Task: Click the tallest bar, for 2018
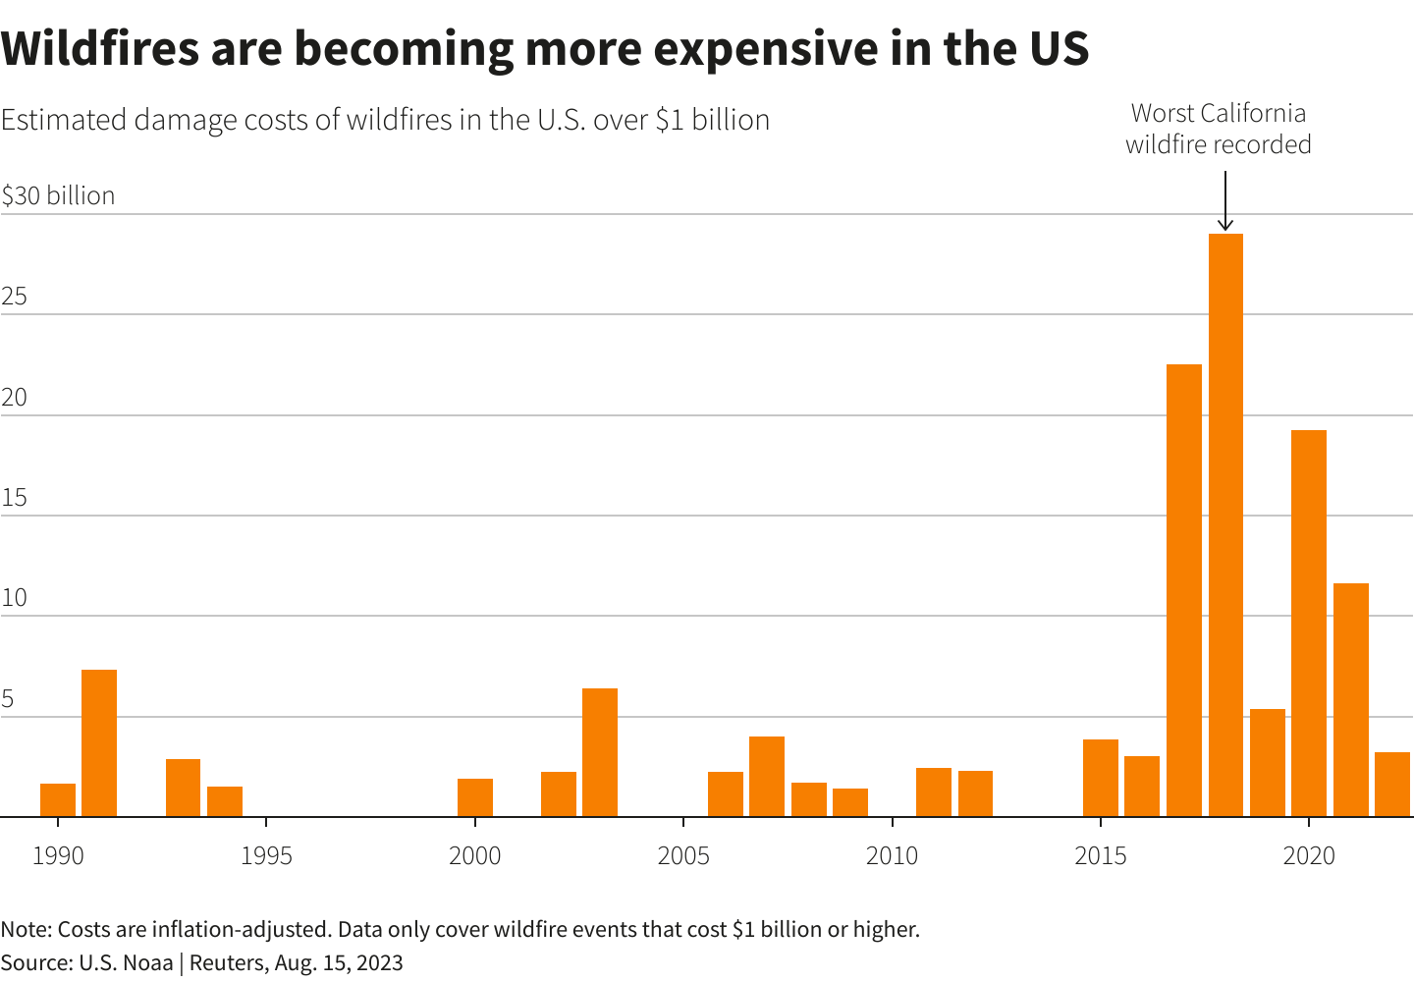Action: (1225, 525)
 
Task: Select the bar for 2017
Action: (1184, 590)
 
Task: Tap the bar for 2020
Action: (1309, 624)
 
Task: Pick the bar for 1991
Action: (99, 743)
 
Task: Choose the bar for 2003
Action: (600, 752)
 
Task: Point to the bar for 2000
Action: (475, 797)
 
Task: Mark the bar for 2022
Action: (1392, 785)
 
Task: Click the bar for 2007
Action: (767, 777)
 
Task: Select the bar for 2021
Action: (1351, 700)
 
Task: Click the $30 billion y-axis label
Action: (59, 195)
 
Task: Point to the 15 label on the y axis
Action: (14, 498)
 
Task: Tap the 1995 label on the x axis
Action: (266, 855)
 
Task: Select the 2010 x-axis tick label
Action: (892, 855)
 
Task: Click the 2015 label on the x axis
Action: (1101, 855)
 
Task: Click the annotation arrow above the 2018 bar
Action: (1225, 201)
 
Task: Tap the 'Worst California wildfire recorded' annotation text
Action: (1219, 129)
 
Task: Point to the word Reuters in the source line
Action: (227, 962)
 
